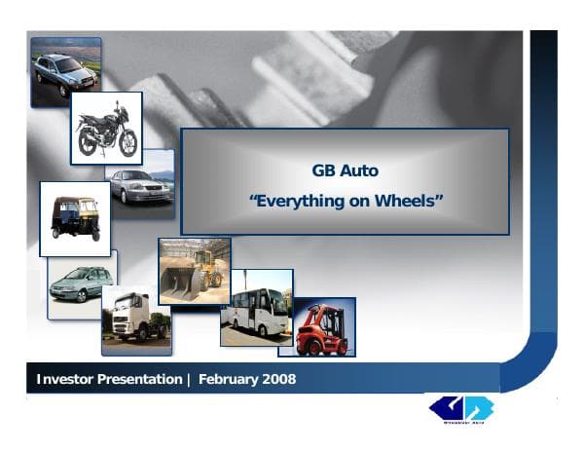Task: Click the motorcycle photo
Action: coord(106,128)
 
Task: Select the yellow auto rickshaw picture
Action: coord(75,218)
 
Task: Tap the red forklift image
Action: coord(323,328)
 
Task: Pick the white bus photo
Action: coord(256,309)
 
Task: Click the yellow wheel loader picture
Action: coord(195,271)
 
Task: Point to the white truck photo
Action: coord(136,319)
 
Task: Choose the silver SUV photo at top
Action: coord(65,72)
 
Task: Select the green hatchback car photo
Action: coord(81,283)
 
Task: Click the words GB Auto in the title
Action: coord(345,170)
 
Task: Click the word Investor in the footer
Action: coord(67,378)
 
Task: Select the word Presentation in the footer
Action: coord(141,378)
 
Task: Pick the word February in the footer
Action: coord(228,378)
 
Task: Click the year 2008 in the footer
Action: coord(278,378)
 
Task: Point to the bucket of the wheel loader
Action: coord(179,284)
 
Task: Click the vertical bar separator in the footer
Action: coord(189,378)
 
